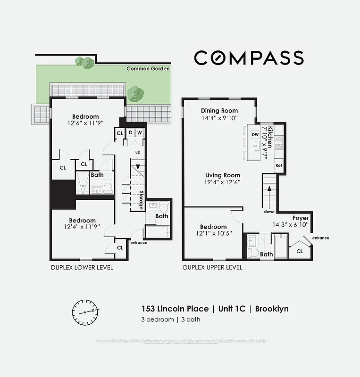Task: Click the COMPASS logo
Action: tap(249, 57)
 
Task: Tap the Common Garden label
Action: tap(148, 69)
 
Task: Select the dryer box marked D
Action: tap(131, 133)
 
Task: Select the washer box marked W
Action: tap(140, 133)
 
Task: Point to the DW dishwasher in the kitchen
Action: tap(255, 135)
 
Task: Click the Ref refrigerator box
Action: tap(278, 165)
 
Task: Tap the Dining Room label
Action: tap(219, 111)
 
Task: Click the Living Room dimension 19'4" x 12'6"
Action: tap(222, 182)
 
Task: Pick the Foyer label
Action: tap(301, 218)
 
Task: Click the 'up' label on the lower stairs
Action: tap(138, 153)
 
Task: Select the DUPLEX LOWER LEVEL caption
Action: tap(82, 268)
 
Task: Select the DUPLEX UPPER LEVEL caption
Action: tap(213, 268)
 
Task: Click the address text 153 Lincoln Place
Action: tap(175, 309)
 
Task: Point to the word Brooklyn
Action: tap(272, 309)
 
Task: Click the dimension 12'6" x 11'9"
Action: tap(85, 123)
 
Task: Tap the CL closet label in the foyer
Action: tap(299, 251)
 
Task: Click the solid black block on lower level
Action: tap(63, 194)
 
